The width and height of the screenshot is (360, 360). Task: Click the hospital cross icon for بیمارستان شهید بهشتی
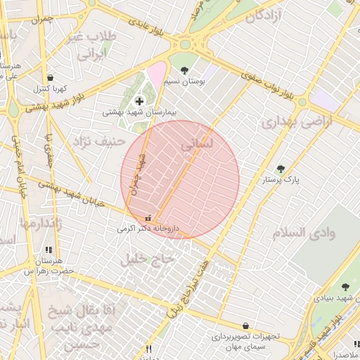(139, 102)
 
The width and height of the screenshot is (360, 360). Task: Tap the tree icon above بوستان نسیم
(184, 70)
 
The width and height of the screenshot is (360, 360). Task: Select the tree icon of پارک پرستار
(281, 169)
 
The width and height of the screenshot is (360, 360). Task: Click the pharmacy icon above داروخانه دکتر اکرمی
(148, 217)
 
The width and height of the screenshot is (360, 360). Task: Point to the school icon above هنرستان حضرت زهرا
(48, 250)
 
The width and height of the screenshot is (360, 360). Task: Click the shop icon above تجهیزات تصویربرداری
(245, 326)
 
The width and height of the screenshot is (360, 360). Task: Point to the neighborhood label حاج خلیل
(147, 259)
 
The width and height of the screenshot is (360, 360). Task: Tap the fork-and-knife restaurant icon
(148, 349)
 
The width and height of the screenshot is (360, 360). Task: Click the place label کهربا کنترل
(49, 89)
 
